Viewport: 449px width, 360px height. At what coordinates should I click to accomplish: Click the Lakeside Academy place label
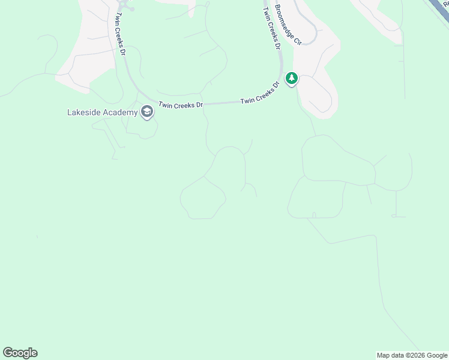[102, 112]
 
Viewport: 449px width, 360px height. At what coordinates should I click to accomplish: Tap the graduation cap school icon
[146, 112]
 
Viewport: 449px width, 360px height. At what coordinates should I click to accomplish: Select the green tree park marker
[292, 79]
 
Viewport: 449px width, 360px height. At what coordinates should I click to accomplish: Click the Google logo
[20, 353]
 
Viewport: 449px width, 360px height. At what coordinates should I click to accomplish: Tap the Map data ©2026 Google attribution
[412, 355]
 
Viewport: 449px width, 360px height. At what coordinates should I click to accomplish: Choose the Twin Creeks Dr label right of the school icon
[181, 105]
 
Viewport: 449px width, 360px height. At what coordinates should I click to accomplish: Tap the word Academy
[121, 112]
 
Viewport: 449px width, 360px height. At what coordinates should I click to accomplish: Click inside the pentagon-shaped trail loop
[203, 198]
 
